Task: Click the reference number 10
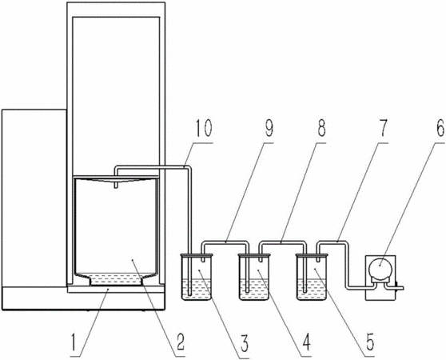tap(204, 128)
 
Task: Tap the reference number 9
tap(268, 128)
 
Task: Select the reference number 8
tap(321, 128)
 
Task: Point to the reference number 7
tap(383, 128)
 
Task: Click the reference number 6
tap(440, 128)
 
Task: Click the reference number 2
tap(180, 342)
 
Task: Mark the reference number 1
tap(74, 342)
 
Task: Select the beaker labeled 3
tap(197, 277)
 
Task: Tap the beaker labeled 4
tap(254, 277)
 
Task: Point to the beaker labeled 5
tap(312, 277)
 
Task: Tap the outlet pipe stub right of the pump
tap(399, 288)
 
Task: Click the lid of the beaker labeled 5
tap(312, 255)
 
